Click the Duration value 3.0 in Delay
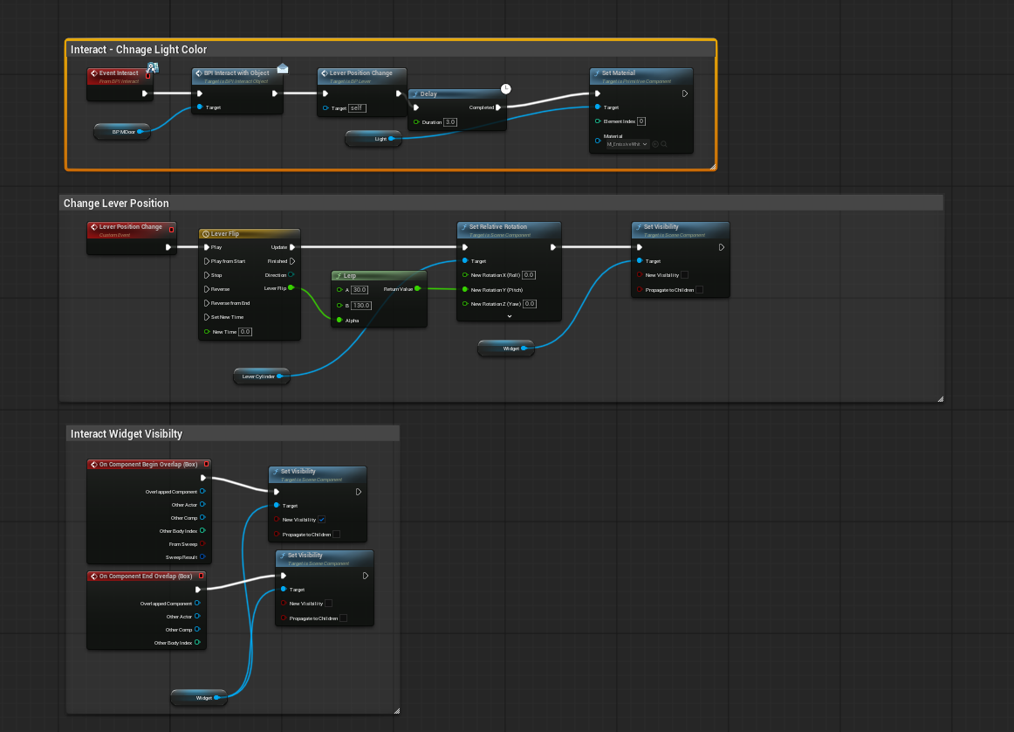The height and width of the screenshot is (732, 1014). (450, 122)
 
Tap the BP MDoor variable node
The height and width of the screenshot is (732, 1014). (123, 131)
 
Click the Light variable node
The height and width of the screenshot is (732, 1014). (374, 138)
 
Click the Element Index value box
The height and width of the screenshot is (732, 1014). (641, 121)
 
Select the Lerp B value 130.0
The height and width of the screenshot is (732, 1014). (361, 306)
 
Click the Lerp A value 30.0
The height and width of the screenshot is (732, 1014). (359, 289)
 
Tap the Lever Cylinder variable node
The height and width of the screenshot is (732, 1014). (259, 376)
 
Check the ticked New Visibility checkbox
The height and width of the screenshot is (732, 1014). (322, 520)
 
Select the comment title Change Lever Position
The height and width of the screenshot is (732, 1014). (116, 204)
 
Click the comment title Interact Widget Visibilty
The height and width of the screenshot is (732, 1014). (127, 433)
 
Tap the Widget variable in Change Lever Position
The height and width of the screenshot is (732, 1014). (506, 349)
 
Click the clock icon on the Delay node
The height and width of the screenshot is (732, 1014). (506, 88)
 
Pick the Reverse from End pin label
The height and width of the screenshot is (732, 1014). (230, 303)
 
